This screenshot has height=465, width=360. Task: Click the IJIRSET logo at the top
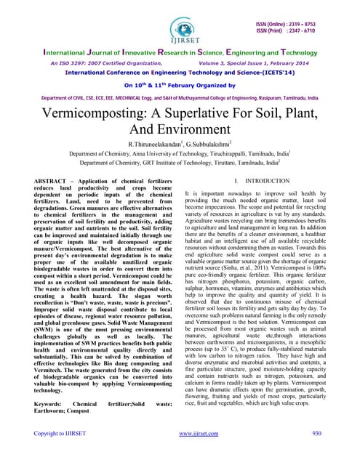click(x=180, y=23)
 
